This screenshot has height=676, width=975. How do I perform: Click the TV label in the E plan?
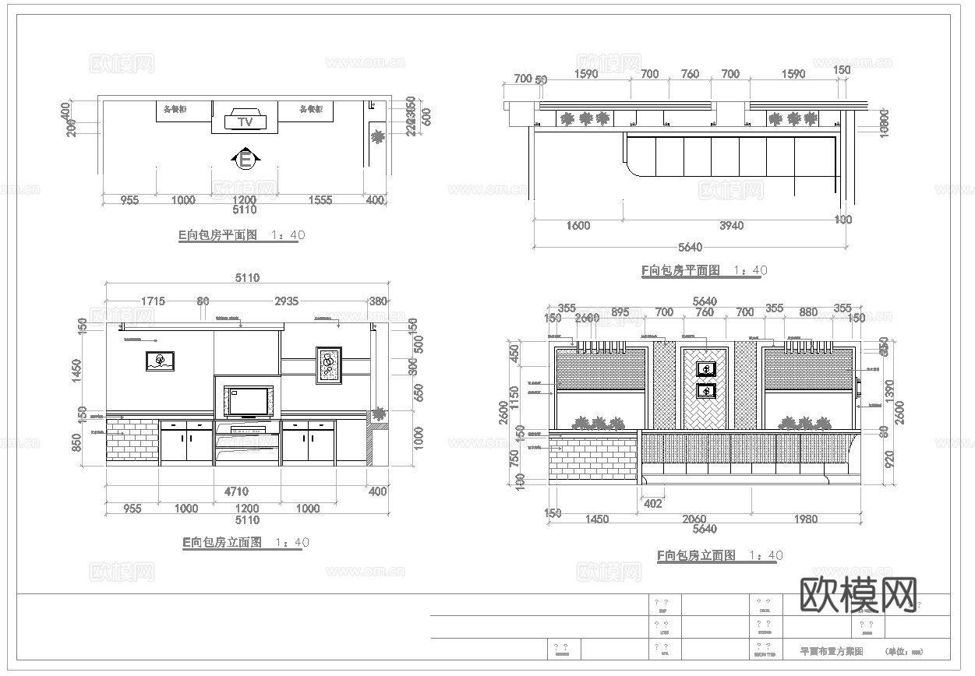245,122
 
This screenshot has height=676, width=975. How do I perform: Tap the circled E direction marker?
246,160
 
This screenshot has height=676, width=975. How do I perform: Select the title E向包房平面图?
218,235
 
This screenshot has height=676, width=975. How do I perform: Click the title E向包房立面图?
222,543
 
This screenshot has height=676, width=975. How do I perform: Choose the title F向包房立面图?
696,555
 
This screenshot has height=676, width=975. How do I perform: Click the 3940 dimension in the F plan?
731,226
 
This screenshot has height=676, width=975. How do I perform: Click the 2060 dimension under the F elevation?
693,519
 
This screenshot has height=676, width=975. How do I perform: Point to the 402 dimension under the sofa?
652,503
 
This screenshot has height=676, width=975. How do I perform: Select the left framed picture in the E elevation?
160,361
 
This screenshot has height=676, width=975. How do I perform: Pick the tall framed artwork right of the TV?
329,365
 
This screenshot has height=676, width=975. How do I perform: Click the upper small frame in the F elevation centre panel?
707,368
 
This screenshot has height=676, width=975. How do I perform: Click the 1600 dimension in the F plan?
578,226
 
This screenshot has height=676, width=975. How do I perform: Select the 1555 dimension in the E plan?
320,200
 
